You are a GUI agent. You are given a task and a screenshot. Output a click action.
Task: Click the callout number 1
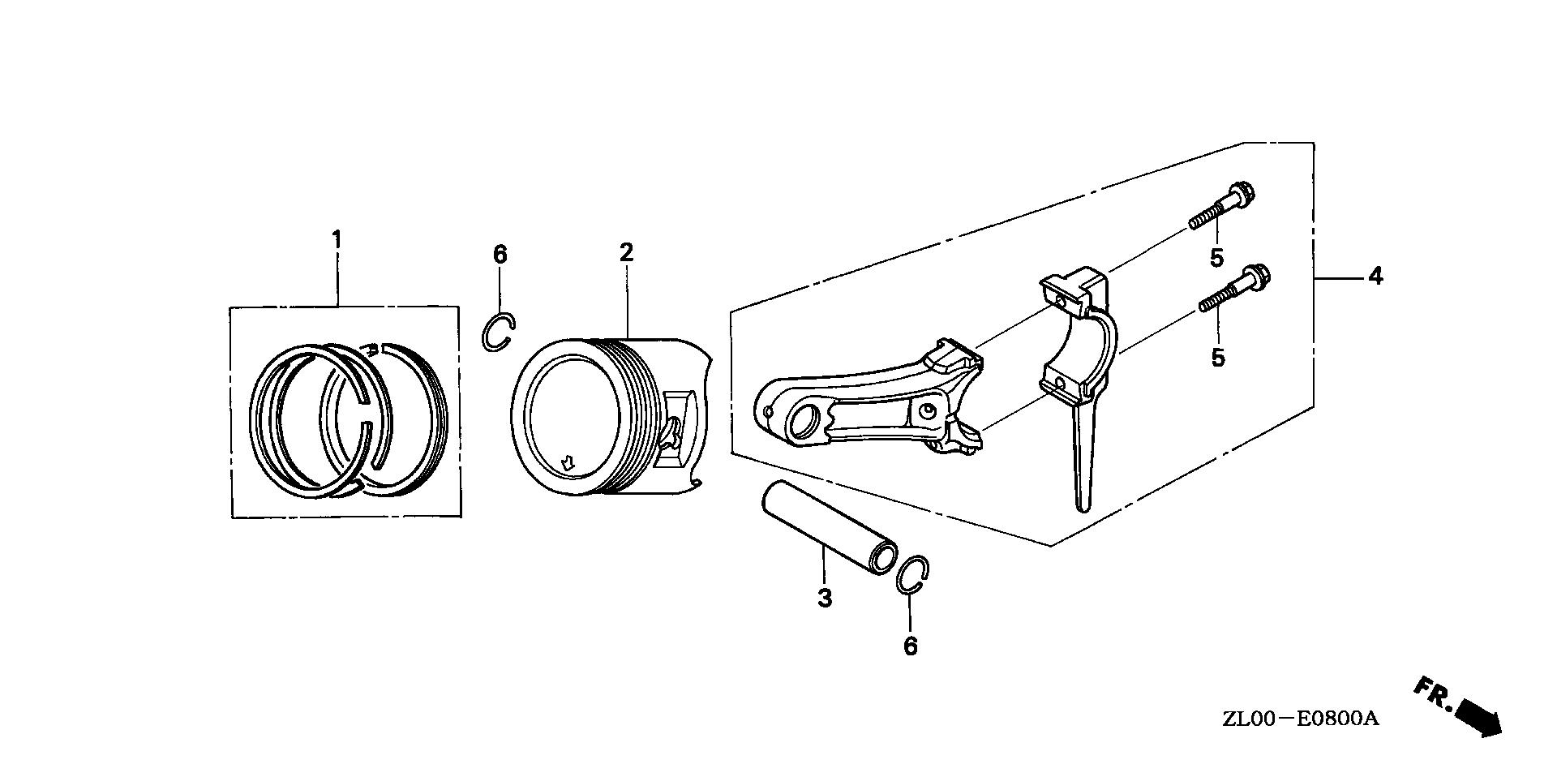tap(336, 240)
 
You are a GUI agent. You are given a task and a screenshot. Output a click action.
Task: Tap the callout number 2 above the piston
tap(625, 252)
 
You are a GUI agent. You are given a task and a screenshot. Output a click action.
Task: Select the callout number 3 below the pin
tap(824, 599)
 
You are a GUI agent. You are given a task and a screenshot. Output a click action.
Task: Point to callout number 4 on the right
tap(1375, 277)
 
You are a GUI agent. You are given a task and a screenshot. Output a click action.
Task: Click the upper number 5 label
tap(1216, 259)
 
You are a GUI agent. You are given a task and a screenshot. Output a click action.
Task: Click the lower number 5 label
tap(1217, 357)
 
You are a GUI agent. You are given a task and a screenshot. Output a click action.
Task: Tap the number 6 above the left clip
tap(500, 255)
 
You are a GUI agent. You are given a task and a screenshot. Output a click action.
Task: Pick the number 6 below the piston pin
tap(910, 646)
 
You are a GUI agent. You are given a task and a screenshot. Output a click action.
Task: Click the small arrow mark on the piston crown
tap(568, 463)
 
